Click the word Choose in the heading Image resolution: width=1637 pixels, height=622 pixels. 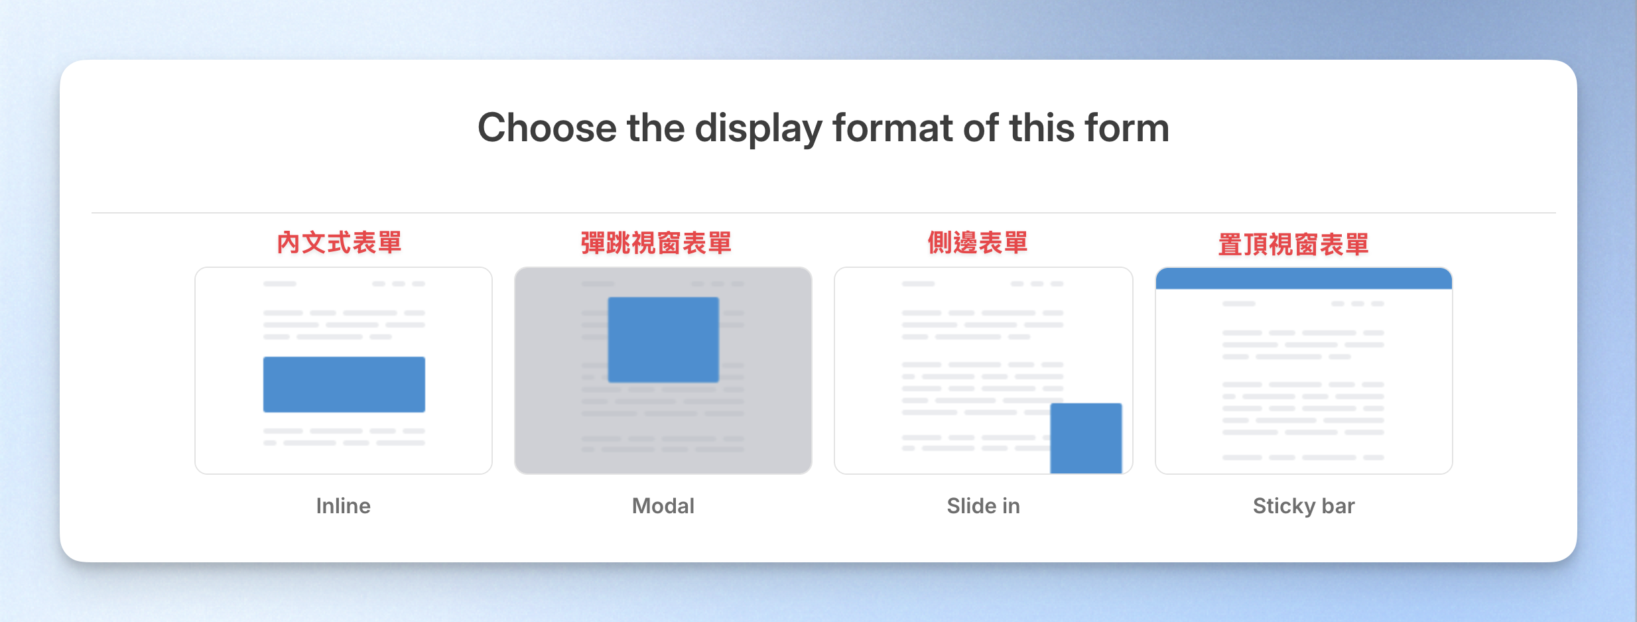tap(547, 127)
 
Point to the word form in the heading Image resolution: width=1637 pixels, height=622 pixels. tap(1127, 127)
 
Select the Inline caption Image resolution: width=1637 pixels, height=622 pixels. tap(344, 506)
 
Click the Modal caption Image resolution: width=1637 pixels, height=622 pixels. tap(663, 506)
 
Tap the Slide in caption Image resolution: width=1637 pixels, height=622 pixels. tap(984, 506)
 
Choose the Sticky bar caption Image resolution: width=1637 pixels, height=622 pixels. tap(1304, 507)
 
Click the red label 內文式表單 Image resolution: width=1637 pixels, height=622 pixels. tap(339, 243)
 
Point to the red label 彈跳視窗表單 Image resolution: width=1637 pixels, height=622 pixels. tap(656, 243)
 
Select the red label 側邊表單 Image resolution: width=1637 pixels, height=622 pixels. tap(978, 243)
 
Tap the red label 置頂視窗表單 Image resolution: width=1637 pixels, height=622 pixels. tap(1293, 245)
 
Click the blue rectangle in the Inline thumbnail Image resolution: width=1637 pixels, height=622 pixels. tap(344, 385)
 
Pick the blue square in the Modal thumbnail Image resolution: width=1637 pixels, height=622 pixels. tap(663, 340)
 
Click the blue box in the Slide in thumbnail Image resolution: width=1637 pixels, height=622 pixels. tap(1086, 438)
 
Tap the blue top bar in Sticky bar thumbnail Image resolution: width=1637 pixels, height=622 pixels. tap(1304, 279)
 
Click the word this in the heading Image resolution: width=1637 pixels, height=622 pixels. tap(1042, 127)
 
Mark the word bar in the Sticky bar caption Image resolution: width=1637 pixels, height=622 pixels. tap(1339, 506)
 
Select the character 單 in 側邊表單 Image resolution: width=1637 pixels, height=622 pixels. tap(1015, 243)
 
